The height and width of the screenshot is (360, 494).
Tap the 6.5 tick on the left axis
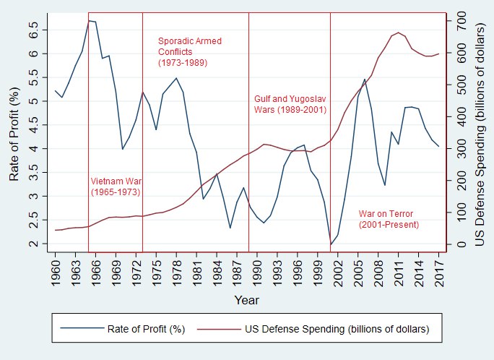pos(33,30)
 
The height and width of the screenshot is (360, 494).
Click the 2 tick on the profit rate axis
pos(33,244)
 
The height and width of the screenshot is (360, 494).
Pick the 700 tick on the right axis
pos(462,22)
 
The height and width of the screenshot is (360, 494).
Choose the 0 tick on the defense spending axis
pos(462,244)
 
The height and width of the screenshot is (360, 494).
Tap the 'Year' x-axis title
pos(246,299)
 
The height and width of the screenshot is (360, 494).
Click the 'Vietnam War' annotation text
pos(116,187)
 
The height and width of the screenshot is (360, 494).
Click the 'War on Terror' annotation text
pos(389,219)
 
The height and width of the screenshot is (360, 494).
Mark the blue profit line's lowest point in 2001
pos(331,244)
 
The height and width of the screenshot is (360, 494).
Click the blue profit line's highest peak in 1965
pos(88,20)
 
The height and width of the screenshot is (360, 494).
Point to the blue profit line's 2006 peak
pos(365,80)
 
